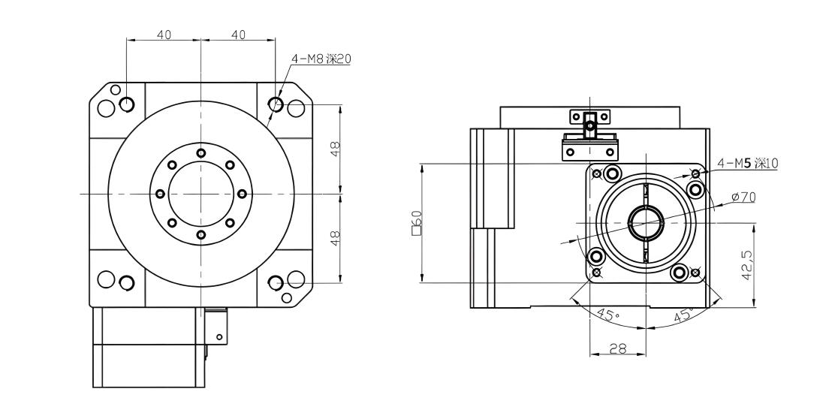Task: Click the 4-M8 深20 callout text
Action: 321,59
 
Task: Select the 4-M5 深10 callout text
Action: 747,164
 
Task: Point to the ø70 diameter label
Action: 744,197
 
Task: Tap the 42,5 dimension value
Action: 746,265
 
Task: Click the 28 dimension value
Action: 618,348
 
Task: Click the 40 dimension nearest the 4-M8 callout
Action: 239,35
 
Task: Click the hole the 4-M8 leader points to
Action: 276,104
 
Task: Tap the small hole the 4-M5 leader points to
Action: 695,174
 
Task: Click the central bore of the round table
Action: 200,194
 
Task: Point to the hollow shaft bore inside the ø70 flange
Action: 645,223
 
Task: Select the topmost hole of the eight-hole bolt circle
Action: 200,152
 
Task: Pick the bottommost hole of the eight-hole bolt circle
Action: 200,235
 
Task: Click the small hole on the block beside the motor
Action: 220,337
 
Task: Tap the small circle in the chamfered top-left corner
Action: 116,89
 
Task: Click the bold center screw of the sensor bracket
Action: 591,125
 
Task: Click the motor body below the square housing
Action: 149,347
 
